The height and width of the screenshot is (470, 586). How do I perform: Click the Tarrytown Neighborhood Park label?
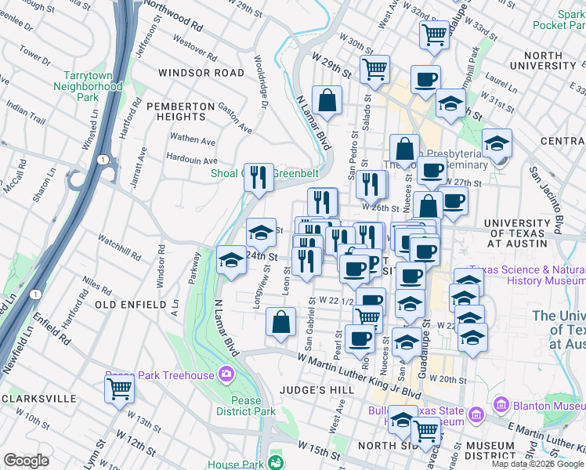tap(93, 87)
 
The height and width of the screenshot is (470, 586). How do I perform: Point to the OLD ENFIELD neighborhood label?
tap(130, 304)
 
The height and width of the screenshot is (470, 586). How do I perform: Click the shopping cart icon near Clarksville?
tap(119, 387)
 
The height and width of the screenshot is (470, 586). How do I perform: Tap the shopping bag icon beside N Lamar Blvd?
tap(327, 100)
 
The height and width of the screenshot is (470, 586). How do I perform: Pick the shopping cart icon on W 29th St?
tap(375, 68)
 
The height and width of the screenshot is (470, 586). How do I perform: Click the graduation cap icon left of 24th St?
tap(231, 260)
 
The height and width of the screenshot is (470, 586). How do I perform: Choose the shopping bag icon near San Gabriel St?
tap(280, 322)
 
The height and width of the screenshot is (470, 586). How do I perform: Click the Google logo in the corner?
tap(26, 461)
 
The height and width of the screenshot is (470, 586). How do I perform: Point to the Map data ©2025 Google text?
tap(538, 464)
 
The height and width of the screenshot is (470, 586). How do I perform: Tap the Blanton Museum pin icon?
tap(501, 405)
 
